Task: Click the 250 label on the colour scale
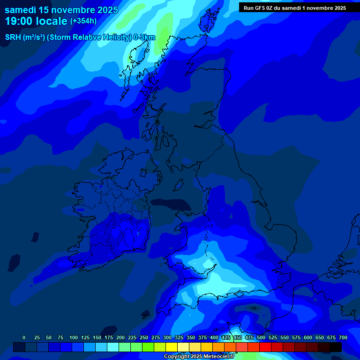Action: pyautogui.click(x=144, y=337)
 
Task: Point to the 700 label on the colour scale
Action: pyautogui.click(x=343, y=337)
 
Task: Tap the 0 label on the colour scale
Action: pyautogui.click(x=24, y=337)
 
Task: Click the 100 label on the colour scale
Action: pyautogui.click(x=74, y=337)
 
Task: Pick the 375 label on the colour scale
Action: pyautogui.click(x=202, y=337)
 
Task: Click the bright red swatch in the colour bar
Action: pyautogui.click(x=265, y=347)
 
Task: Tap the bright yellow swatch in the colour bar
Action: pyautogui.click(x=172, y=347)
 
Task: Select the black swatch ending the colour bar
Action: pyautogui.click(x=336, y=347)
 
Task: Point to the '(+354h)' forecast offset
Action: pyautogui.click(x=83, y=21)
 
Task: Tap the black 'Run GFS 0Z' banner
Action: pyautogui.click(x=295, y=8)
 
